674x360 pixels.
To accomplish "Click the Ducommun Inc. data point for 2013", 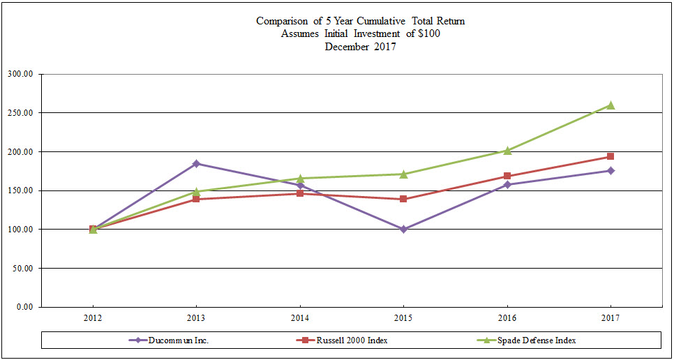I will [196, 163].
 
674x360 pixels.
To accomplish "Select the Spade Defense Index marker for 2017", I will [611, 105].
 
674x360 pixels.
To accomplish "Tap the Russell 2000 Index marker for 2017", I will [611, 156].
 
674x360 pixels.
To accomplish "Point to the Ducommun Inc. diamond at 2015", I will [403, 229].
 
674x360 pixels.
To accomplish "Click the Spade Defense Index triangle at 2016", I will [507, 150].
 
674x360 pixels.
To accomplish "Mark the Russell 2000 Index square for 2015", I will [403, 199].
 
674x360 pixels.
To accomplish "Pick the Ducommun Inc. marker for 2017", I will [611, 170].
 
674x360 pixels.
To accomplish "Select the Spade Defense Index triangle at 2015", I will [403, 174].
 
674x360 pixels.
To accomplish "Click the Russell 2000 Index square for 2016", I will [507, 176].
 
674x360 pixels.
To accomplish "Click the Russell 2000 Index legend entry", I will [352, 340].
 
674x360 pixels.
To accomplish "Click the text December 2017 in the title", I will [360, 46].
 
